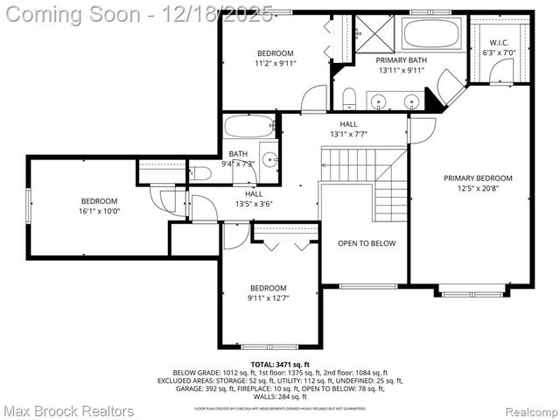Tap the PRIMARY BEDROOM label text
[477, 178]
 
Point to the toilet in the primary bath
[348, 96]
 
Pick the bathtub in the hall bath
[249, 128]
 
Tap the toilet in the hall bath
[200, 173]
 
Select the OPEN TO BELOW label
[367, 243]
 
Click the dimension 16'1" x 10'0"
[99, 211]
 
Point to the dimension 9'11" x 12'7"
[268, 298]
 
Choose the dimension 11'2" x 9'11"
[275, 63]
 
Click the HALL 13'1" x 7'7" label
[348, 129]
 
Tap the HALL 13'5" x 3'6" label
[253, 199]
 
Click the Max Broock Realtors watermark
[68, 409]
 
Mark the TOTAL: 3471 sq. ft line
[279, 363]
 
